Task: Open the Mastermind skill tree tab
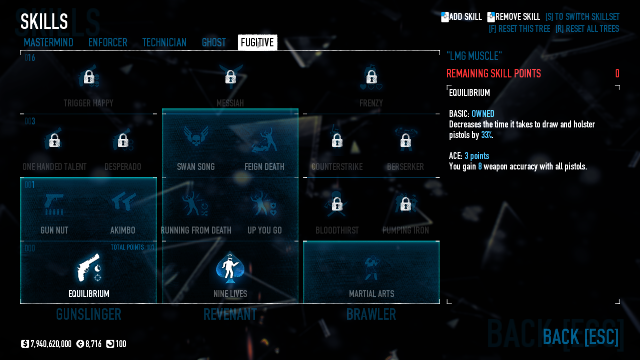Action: pyautogui.click(x=48, y=42)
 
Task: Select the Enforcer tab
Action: pyautogui.click(x=108, y=42)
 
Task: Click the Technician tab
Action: pyautogui.click(x=164, y=42)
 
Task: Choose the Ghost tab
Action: pyautogui.click(x=214, y=42)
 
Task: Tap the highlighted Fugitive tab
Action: pyautogui.click(x=257, y=42)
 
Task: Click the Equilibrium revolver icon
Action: pyautogui.click(x=89, y=268)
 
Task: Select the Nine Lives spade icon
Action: pyautogui.click(x=230, y=268)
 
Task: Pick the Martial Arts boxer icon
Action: pyautogui.click(x=371, y=268)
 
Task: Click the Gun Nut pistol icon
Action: pyautogui.click(x=54, y=204)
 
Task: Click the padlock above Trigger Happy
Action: pyautogui.click(x=89, y=77)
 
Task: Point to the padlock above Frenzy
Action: pyautogui.click(x=371, y=77)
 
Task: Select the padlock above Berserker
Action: pyautogui.click(x=406, y=140)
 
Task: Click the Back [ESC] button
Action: pyautogui.click(x=580, y=337)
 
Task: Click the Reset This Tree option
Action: pyautogui.click(x=519, y=29)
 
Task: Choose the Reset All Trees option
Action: pyautogui.click(x=587, y=29)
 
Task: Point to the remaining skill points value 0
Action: pyautogui.click(x=617, y=73)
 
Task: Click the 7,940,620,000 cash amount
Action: pyautogui.click(x=51, y=344)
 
